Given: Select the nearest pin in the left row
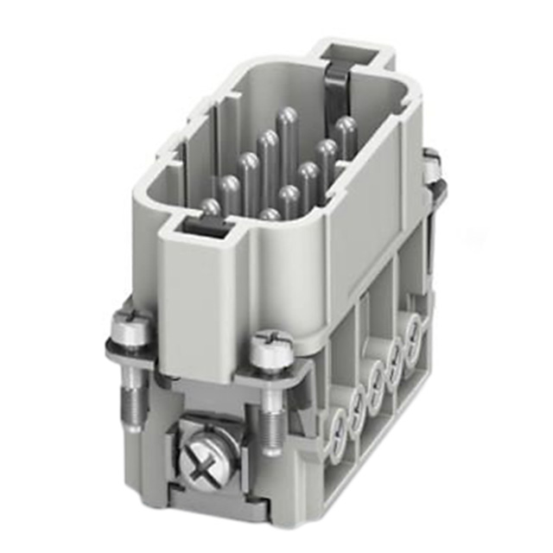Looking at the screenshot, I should point(210,207).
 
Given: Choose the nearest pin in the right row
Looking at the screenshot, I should point(270,213).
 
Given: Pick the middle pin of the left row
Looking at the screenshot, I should point(249,162).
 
